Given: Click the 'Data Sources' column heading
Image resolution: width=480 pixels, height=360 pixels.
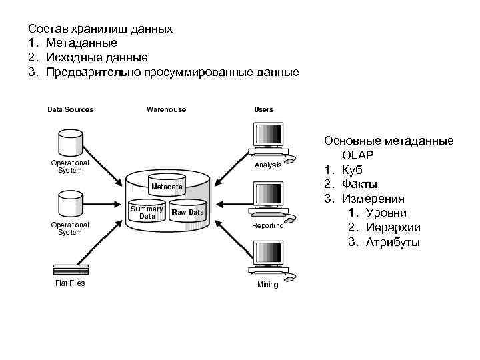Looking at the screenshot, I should [70, 109].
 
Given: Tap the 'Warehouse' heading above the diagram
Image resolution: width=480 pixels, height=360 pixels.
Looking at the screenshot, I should [166, 109].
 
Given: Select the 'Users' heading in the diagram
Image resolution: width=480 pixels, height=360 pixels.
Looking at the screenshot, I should [263, 109].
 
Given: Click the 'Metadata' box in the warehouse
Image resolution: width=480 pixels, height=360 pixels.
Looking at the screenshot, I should [167, 187].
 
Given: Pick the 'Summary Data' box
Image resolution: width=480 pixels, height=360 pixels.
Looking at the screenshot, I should [147, 212].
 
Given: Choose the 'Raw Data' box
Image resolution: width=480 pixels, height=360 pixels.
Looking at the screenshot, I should [188, 212].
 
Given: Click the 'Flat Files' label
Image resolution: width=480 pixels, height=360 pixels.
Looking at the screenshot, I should [69, 283].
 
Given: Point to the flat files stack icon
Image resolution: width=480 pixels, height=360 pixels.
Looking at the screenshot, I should [70, 269].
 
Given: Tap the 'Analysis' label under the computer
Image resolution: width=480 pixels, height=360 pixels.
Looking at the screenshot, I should [267, 165].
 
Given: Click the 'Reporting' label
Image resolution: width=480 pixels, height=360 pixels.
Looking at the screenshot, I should [267, 225].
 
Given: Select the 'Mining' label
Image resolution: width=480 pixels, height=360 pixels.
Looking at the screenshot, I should [267, 285].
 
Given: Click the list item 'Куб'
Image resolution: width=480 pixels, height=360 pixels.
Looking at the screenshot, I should [353, 169].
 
